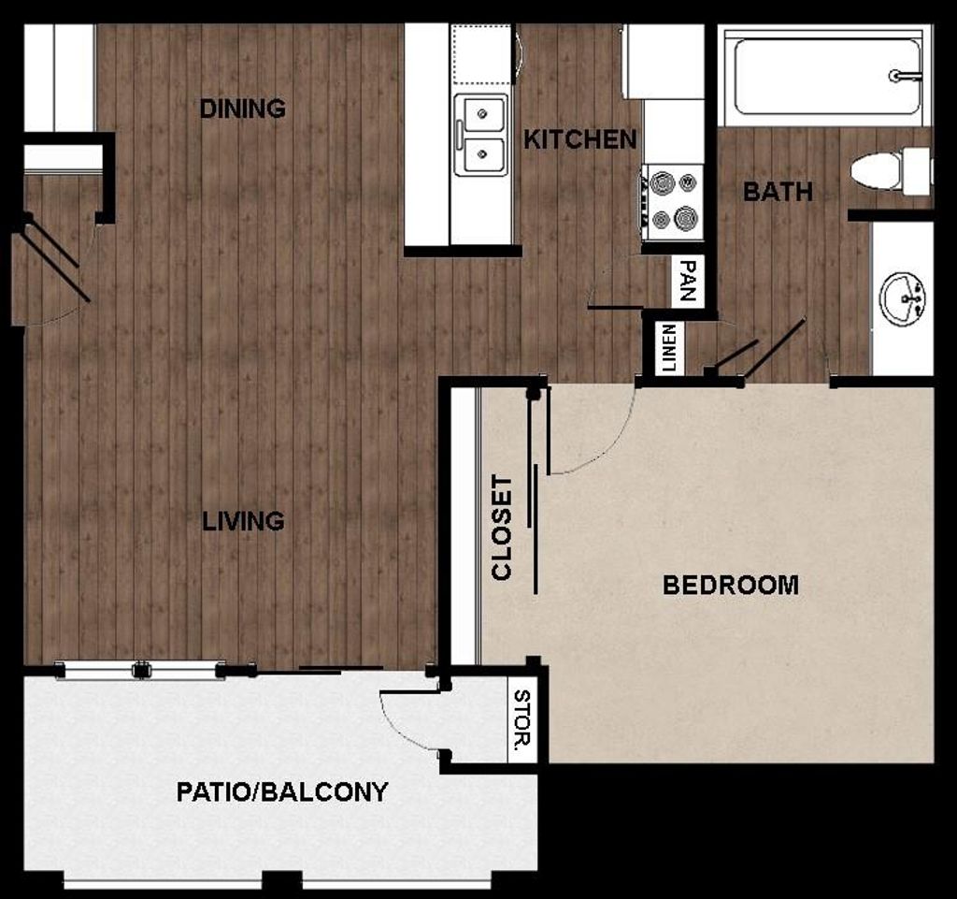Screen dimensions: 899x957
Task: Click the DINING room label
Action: click(x=243, y=109)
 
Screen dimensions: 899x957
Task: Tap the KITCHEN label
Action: click(x=579, y=139)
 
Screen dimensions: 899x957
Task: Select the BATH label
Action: click(x=778, y=192)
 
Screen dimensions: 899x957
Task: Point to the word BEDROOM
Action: click(x=731, y=586)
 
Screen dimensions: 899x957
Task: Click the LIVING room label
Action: click(x=244, y=521)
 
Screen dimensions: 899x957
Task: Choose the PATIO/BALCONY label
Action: click(x=282, y=792)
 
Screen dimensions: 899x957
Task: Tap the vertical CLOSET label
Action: click(x=503, y=528)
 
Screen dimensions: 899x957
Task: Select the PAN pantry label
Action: click(x=688, y=281)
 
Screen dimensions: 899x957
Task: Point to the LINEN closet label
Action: click(x=668, y=349)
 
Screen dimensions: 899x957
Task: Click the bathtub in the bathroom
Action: click(x=822, y=77)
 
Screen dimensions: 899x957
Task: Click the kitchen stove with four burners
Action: click(x=673, y=198)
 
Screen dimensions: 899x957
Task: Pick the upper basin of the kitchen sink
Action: click(x=482, y=114)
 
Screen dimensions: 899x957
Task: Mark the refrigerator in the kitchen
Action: click(x=664, y=62)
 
